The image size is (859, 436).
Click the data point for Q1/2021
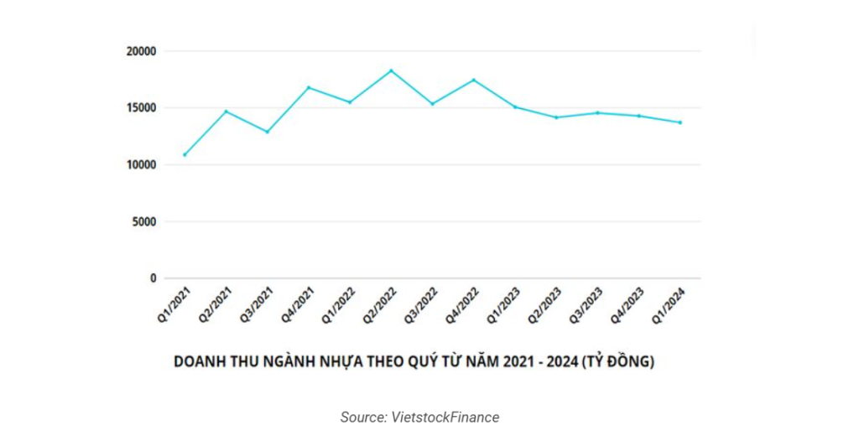pyautogui.click(x=185, y=154)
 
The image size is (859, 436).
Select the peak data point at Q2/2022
pyautogui.click(x=391, y=70)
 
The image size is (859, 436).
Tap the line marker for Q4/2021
pyautogui.click(x=309, y=87)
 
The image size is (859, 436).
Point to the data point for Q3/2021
pyautogui.click(x=267, y=132)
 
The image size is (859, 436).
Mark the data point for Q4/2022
pyautogui.click(x=474, y=80)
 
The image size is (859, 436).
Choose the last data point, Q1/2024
pyautogui.click(x=680, y=122)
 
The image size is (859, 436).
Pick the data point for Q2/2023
pyautogui.click(x=556, y=117)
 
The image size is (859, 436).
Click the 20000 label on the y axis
pyautogui.click(x=142, y=51)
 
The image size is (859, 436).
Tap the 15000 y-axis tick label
pyautogui.click(x=142, y=108)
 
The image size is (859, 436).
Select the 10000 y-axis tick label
pyautogui.click(x=142, y=165)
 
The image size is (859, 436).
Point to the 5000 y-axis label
pyautogui.click(x=144, y=222)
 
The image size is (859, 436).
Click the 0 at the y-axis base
pyautogui.click(x=154, y=278)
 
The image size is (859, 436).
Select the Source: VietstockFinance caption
pyautogui.click(x=419, y=417)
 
